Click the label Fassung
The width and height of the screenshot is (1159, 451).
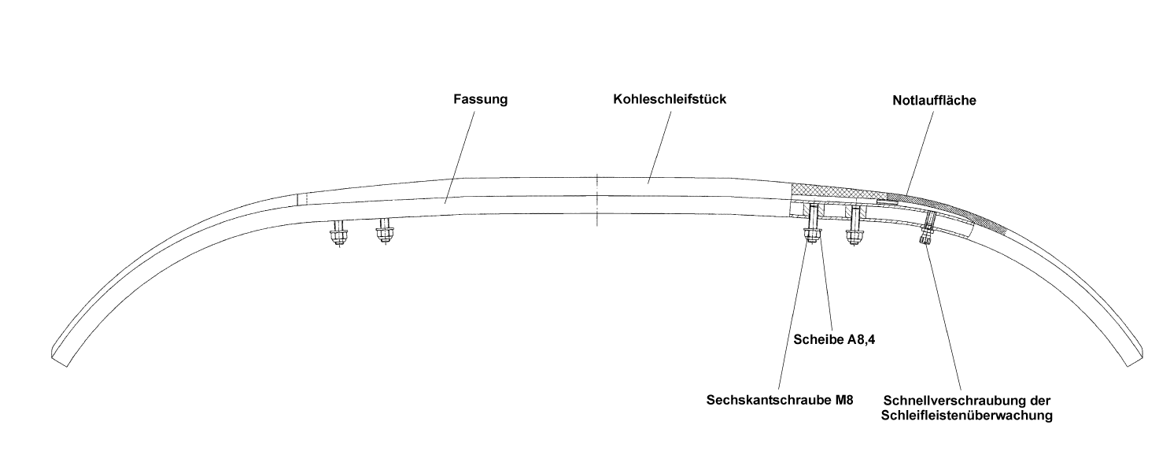(480, 101)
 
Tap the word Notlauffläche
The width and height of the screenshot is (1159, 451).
(935, 101)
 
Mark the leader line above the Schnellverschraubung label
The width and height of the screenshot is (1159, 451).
(944, 315)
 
